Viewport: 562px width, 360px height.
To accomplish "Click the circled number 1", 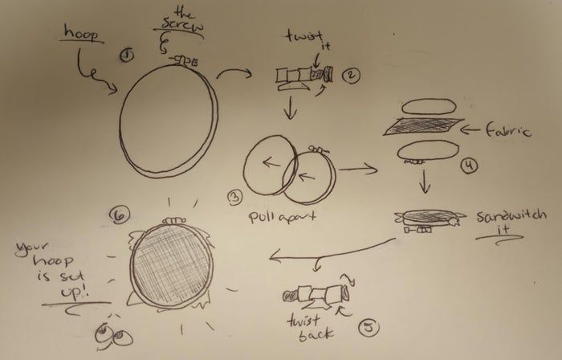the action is coord(127,55).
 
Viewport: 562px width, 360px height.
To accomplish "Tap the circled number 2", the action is coord(351,75).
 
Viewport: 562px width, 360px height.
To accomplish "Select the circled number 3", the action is coord(234,198).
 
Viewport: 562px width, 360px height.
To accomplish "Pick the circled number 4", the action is coord(469,166).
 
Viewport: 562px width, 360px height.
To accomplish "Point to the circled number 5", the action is coord(369,328).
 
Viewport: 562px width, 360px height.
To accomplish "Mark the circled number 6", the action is coord(119,215).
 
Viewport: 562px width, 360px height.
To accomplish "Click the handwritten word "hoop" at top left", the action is coord(81,33).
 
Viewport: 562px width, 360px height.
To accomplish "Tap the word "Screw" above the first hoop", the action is coord(182,25).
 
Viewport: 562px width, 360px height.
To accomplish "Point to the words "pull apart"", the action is coord(283,217).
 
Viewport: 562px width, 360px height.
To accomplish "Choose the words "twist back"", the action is coord(310,328).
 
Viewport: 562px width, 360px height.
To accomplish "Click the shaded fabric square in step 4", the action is coord(424,126).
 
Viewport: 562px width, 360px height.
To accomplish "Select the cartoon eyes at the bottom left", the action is coord(114,336).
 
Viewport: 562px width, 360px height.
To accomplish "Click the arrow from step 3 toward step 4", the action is coord(358,168).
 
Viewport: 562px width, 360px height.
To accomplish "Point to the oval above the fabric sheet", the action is coord(429,107).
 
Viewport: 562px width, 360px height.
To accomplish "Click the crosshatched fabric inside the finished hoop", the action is coord(171,264).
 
